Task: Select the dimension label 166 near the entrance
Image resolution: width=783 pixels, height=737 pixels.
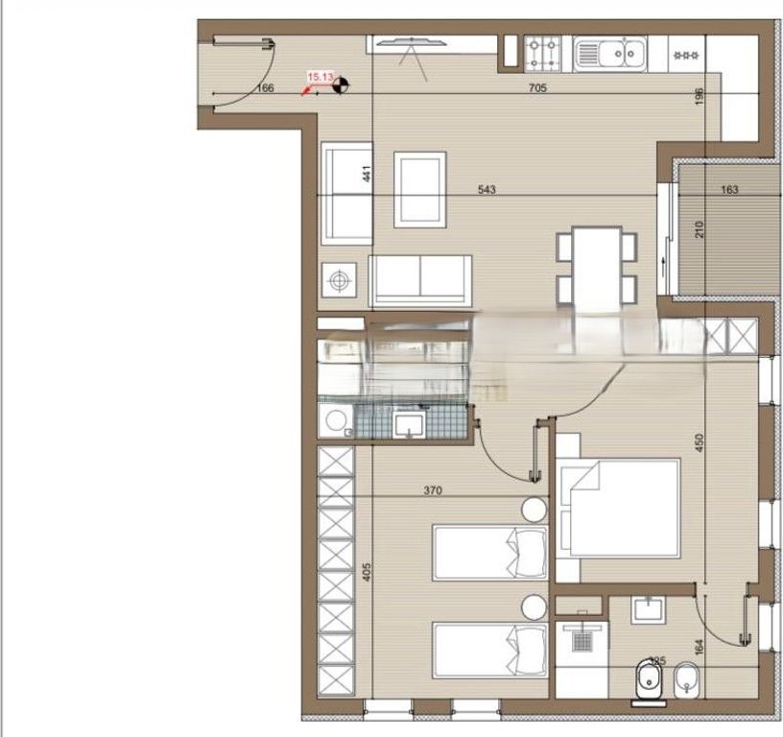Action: click(x=267, y=88)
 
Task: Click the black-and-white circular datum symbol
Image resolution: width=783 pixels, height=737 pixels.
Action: click(x=339, y=87)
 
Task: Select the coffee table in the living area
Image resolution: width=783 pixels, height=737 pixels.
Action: click(x=420, y=189)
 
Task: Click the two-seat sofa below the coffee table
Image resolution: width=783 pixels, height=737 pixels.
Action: click(x=421, y=280)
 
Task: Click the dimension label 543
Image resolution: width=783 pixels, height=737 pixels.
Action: click(x=486, y=190)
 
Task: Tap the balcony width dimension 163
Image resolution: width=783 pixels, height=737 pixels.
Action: click(x=728, y=190)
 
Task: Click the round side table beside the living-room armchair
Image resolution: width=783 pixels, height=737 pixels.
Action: click(x=337, y=280)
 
